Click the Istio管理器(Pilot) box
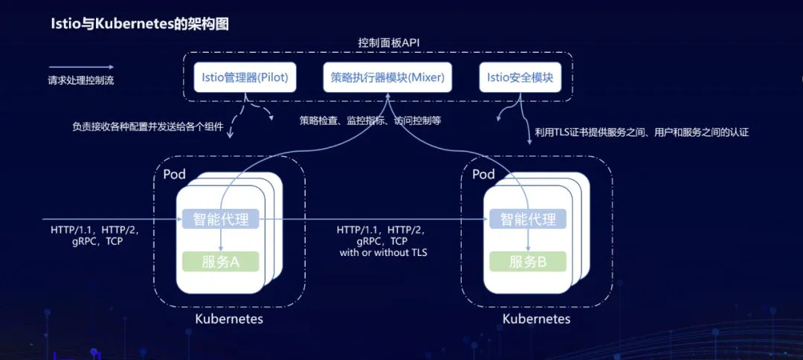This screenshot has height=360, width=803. pos(245,77)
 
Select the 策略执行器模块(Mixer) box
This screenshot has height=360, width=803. pos(383,77)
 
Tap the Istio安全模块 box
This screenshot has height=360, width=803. pos(520,77)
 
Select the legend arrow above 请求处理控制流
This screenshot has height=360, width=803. pos(81,67)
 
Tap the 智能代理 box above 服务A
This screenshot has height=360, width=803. pos(220,219)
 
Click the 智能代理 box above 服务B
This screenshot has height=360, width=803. pos(528,219)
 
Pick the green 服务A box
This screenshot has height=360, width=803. pos(220,261)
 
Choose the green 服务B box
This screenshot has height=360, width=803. pos(528,261)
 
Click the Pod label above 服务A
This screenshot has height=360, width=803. pos(175,175)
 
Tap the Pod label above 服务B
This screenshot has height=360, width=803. pos(483,175)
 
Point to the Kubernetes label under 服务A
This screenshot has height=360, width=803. pos(229,319)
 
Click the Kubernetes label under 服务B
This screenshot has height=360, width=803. pos(536,319)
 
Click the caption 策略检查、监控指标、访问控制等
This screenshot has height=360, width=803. pos(370,120)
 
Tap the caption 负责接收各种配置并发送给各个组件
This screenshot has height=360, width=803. pos(147,126)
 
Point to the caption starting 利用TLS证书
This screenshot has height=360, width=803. pos(641,132)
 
